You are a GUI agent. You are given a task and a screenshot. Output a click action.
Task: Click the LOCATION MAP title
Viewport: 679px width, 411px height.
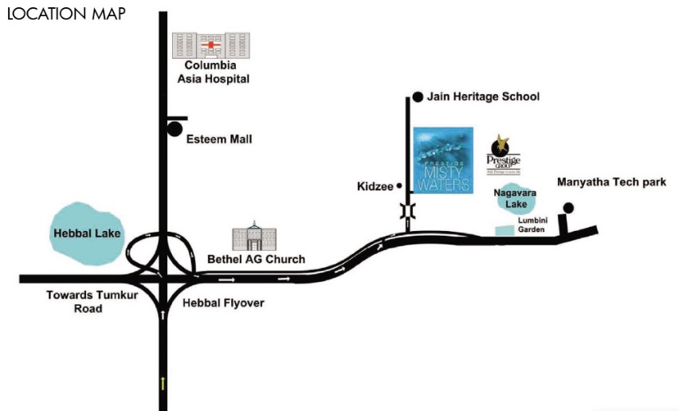tap(67, 14)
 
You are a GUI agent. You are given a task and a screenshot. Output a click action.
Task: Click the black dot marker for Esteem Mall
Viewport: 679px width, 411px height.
tap(175, 127)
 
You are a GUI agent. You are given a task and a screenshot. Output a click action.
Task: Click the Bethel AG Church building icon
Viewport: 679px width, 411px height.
tap(254, 236)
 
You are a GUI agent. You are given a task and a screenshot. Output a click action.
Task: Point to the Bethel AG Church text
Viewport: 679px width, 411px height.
tap(256, 260)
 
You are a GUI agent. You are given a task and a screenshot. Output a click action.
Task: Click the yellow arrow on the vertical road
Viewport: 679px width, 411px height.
tap(163, 384)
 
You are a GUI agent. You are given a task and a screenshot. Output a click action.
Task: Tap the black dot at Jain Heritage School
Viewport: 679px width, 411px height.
tap(417, 98)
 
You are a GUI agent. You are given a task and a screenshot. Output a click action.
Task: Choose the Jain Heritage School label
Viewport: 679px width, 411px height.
tap(483, 97)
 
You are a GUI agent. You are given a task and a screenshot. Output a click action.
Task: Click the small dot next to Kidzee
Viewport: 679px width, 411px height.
tap(398, 187)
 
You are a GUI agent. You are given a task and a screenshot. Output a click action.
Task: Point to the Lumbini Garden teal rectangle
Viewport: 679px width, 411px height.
tap(504, 230)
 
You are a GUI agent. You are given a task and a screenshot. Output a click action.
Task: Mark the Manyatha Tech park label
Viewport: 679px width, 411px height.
tap(611, 182)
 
